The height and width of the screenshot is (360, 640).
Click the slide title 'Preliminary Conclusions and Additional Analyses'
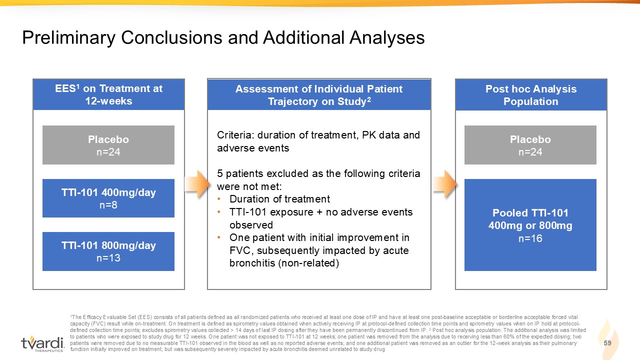(223, 37)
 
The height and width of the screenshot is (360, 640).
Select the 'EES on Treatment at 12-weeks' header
(108, 94)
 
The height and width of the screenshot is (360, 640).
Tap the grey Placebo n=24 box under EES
(108, 145)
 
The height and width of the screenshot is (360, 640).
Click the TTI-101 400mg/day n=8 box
(108, 198)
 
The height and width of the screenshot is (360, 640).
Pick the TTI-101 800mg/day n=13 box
(108, 251)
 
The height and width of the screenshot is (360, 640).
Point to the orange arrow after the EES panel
(197, 184)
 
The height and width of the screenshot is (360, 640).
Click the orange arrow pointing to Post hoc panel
(444, 184)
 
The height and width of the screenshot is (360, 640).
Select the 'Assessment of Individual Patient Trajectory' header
(319, 95)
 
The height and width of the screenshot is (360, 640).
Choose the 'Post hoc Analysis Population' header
(531, 95)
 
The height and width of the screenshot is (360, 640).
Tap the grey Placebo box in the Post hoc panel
(530, 145)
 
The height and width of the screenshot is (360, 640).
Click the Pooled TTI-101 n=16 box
(530, 225)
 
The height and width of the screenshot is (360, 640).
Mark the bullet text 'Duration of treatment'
(279, 199)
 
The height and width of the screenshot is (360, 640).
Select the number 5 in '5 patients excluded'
(219, 173)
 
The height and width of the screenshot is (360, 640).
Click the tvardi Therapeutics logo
(42, 344)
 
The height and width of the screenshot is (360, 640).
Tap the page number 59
(607, 343)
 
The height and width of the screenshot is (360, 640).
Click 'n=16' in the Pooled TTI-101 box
(530, 238)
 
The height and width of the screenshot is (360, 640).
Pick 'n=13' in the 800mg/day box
(108, 258)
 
